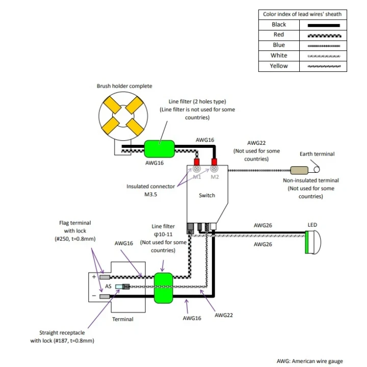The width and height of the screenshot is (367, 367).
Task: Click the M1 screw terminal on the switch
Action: point(197,169)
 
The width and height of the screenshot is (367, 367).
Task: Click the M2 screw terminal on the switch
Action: point(214,169)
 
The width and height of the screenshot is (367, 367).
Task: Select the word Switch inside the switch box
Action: point(207,195)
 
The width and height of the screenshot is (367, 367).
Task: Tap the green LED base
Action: point(307,242)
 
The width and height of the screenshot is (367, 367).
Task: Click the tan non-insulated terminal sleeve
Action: point(299,170)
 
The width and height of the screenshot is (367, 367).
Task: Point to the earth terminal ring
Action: point(317,169)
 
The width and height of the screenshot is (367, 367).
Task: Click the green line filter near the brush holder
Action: point(160,149)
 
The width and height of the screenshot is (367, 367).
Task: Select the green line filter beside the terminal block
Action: point(164,288)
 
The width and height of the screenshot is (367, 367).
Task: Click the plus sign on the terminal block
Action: point(94,277)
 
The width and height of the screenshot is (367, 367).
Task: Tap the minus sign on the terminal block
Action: point(94,296)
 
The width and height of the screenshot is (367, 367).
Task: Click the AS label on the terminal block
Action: point(108,286)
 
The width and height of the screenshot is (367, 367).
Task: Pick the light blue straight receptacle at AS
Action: point(119,286)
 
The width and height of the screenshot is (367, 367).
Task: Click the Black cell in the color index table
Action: point(279,24)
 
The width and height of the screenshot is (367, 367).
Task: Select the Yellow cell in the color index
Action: point(279,66)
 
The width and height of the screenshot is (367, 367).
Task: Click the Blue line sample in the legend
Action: point(324,46)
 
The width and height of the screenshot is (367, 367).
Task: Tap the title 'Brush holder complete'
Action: point(124,86)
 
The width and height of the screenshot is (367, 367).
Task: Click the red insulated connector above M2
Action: point(214,162)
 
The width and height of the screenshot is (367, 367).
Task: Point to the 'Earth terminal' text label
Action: point(317,154)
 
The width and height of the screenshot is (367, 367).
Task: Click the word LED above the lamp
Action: point(312,225)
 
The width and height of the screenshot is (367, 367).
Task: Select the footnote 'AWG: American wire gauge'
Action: point(310,361)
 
